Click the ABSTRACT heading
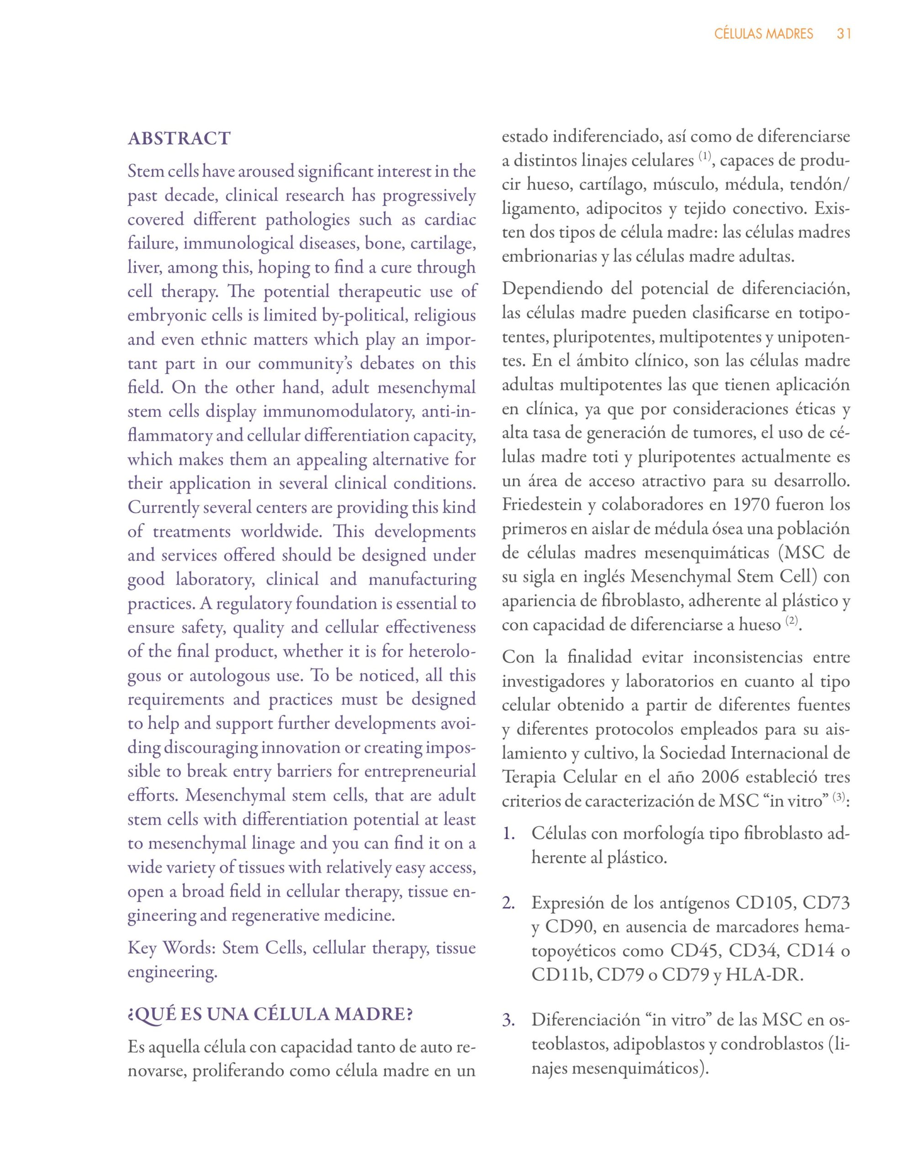pos(179,139)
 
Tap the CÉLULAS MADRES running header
pos(764,34)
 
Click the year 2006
pos(719,777)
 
